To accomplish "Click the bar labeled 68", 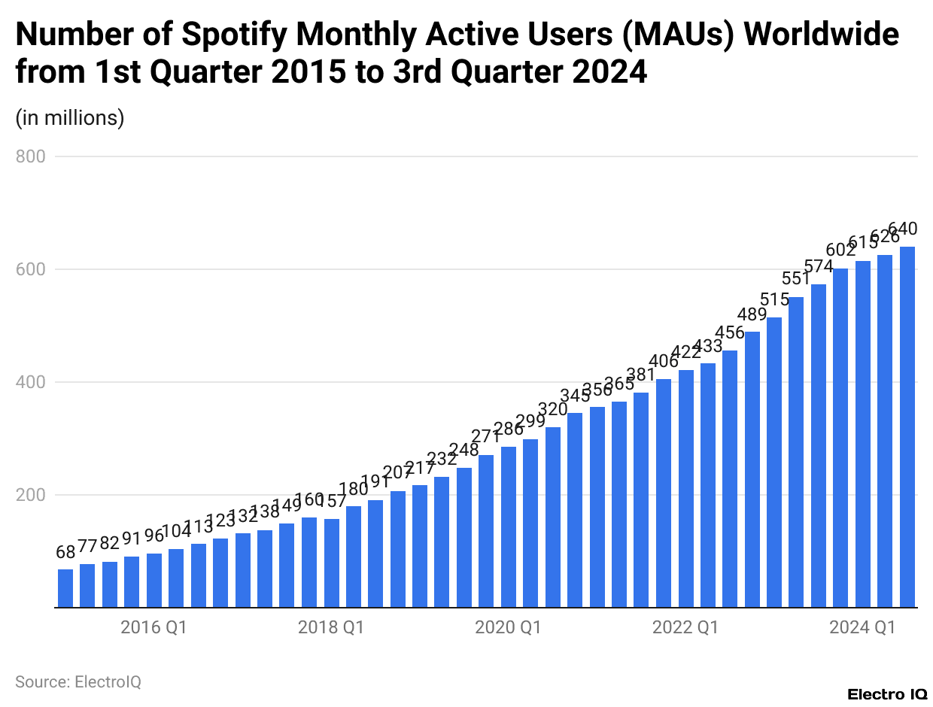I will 65,588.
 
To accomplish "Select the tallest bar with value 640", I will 907,427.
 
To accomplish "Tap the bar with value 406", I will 664,493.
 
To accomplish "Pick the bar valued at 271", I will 486,531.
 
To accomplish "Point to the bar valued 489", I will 752,469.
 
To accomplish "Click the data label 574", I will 818,267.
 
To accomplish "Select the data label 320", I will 552,410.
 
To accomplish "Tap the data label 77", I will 87,546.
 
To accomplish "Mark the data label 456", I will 729,332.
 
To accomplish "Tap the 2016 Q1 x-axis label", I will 153,627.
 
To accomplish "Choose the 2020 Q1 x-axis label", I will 508,627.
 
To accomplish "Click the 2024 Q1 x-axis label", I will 862,627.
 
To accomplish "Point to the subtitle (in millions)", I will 70,118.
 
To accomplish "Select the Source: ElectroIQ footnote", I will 78,681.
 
